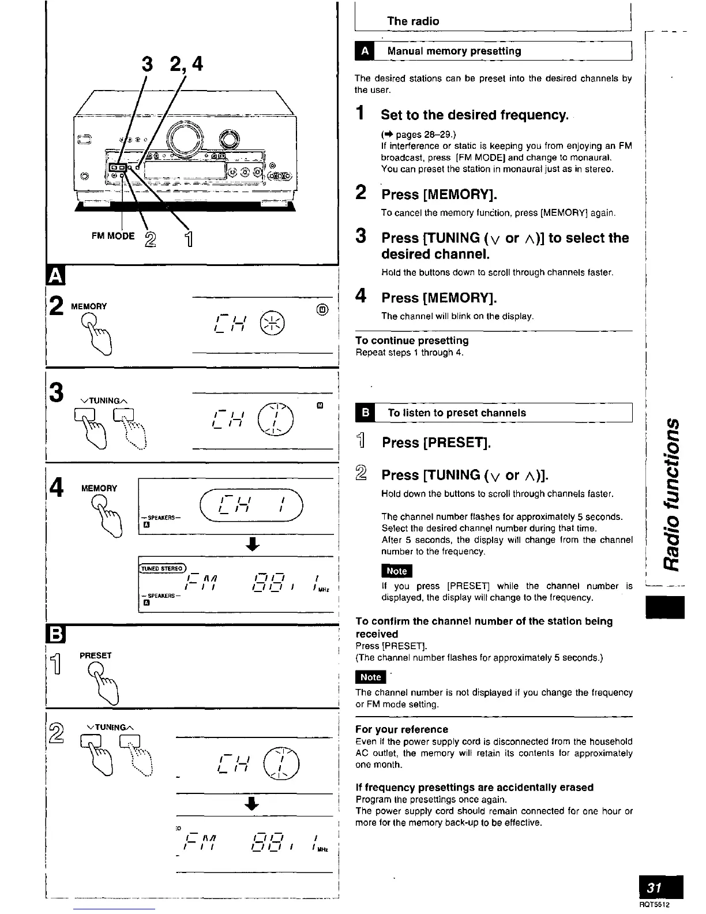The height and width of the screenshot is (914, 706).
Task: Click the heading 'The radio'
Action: [413, 21]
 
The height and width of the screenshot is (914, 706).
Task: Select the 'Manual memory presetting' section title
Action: [454, 51]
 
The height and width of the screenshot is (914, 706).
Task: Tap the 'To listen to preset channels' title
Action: [457, 413]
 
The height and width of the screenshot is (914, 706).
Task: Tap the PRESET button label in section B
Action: [96, 655]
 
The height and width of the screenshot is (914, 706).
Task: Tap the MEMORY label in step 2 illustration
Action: [88, 306]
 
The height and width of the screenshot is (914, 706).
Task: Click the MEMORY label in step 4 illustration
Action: [99, 488]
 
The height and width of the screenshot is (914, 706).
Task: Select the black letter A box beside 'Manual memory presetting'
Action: [365, 51]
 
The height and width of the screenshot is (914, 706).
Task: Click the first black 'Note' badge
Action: [396, 571]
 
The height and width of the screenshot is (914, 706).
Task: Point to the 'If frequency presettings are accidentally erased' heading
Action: [474, 787]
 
